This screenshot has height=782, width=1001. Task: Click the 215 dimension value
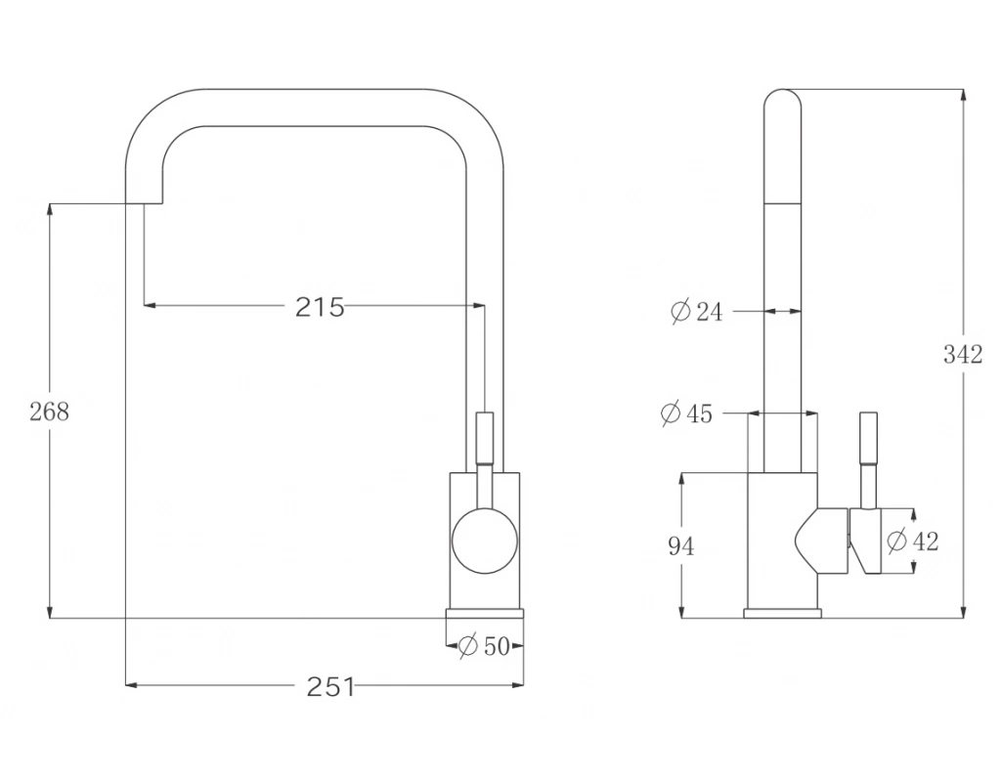point(320,307)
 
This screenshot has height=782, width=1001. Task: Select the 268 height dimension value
point(49,412)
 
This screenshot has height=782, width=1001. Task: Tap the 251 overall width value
point(330,687)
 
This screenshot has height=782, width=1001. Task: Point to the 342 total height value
point(963,354)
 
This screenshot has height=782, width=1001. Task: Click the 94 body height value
point(681,546)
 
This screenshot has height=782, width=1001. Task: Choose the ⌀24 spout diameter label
point(697,312)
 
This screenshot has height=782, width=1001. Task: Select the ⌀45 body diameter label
point(687,413)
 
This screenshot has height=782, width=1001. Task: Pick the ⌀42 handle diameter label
point(914,542)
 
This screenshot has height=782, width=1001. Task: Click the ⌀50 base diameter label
point(485,646)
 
